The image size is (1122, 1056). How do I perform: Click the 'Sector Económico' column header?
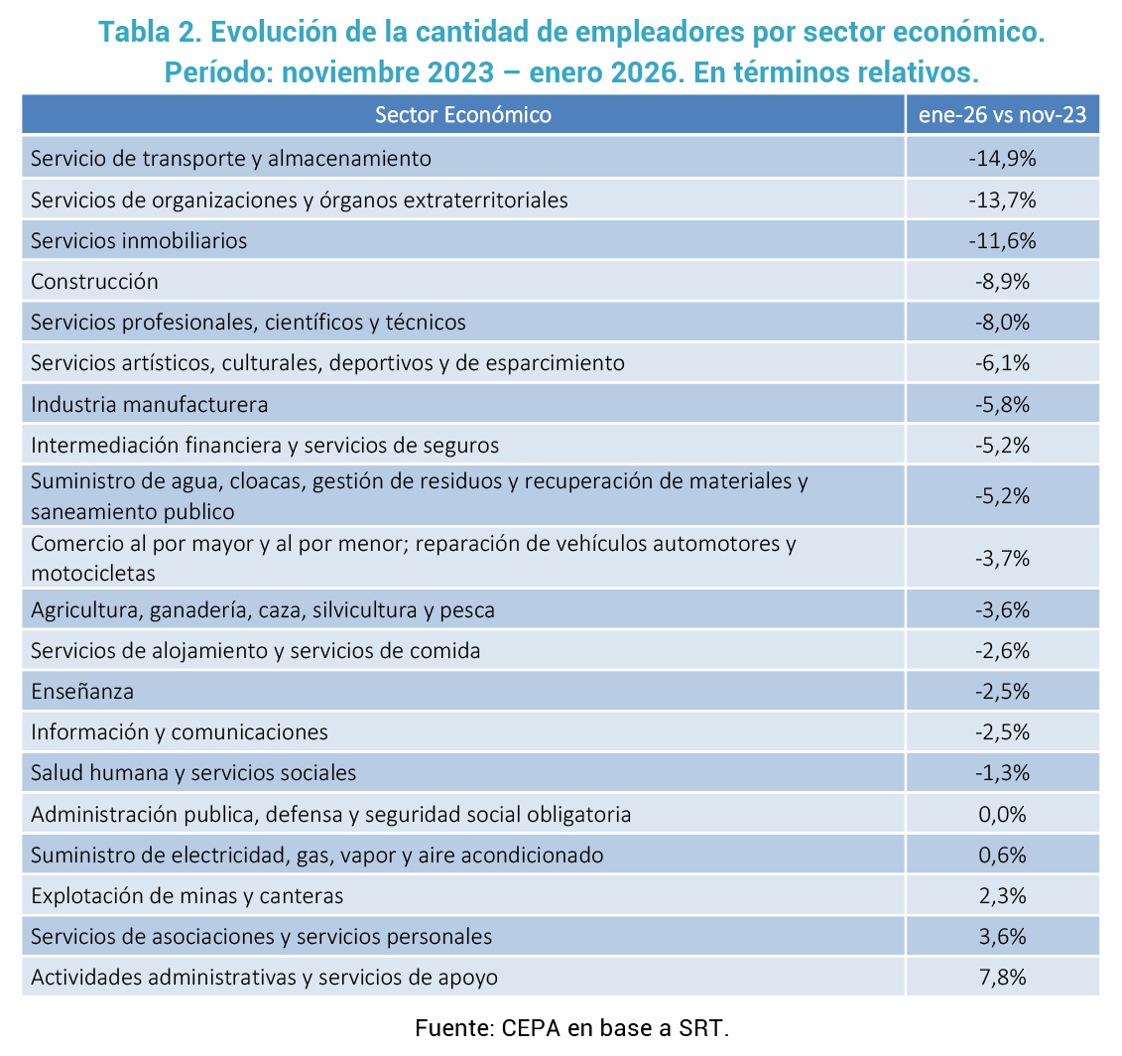(x=462, y=114)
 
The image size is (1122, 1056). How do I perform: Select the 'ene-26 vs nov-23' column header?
(x=1002, y=114)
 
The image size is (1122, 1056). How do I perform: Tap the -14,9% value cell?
(x=1002, y=158)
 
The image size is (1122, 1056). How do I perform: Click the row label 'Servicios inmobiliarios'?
(x=139, y=240)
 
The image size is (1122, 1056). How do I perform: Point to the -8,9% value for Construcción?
(x=1002, y=281)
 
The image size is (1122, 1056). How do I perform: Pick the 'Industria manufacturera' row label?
(x=150, y=404)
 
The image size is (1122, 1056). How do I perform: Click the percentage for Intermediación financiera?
(x=1002, y=445)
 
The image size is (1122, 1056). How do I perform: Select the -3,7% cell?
(x=1002, y=558)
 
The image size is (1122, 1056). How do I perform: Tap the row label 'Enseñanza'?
(x=82, y=691)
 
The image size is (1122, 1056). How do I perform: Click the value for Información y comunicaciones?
(x=1002, y=732)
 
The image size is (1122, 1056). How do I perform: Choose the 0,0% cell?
(x=1002, y=814)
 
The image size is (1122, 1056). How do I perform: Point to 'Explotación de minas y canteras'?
(x=187, y=895)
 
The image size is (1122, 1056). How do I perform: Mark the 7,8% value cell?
(x=1002, y=977)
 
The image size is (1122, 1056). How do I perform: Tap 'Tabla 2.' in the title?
(x=151, y=32)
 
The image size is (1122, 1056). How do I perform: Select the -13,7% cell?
(x=1002, y=199)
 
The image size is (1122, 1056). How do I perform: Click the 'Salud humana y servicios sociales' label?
(x=193, y=772)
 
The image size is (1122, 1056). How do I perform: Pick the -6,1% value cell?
(x=1002, y=362)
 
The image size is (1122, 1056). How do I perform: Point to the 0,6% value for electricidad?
(x=1002, y=855)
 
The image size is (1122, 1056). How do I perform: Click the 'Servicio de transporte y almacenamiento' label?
(x=231, y=158)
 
